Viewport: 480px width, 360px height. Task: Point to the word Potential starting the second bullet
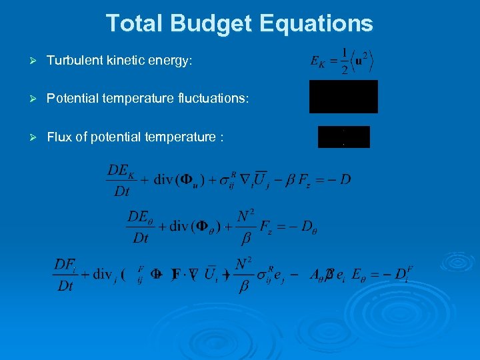pos(71,99)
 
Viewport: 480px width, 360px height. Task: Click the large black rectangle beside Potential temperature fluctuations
pos(343,97)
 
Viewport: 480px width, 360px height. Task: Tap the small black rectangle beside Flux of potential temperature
pos(343,137)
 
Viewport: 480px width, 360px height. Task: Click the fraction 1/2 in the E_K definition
pos(343,61)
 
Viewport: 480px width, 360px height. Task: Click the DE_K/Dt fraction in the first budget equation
pos(121,181)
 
